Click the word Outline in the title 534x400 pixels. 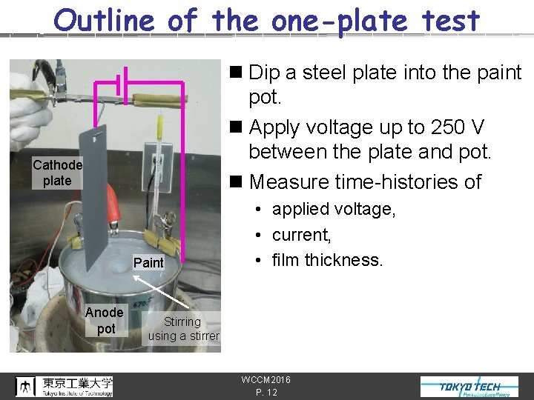[105, 21]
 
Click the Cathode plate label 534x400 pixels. [57, 173]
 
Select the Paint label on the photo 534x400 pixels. [148, 262]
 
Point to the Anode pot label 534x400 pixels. [105, 320]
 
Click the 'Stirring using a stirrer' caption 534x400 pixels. [183, 328]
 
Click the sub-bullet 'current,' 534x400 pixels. [301, 235]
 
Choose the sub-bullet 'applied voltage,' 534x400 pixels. [334, 210]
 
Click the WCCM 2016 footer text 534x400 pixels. [266, 380]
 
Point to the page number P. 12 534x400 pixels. [266, 393]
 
